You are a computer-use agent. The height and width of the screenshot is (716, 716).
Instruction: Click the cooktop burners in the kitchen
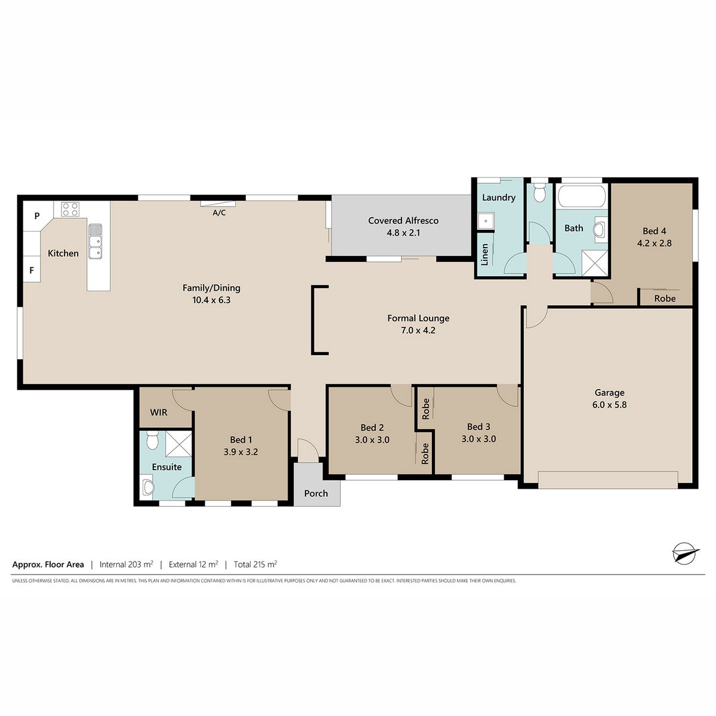point(70,208)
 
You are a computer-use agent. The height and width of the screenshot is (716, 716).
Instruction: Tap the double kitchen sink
point(95,241)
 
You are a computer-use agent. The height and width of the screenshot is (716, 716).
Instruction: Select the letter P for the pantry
point(37,215)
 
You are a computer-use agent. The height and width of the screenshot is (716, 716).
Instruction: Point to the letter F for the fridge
point(32,270)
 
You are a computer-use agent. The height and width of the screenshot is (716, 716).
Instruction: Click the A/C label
point(219,213)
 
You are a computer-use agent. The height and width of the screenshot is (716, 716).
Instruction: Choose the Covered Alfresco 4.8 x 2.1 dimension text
point(403,233)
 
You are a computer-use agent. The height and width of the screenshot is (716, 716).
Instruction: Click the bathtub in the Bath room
point(582,196)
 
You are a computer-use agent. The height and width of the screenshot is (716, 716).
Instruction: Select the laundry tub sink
point(486,221)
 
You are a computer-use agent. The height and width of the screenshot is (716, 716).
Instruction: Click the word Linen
point(484,255)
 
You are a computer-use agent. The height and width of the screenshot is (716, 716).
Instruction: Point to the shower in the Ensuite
point(178,444)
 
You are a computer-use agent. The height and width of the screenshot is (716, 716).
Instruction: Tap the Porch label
point(316,493)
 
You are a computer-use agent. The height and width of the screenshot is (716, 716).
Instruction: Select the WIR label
point(159,412)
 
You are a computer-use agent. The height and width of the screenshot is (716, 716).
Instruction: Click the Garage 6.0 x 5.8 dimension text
point(609,405)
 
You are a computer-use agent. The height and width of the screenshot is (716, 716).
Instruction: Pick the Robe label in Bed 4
point(665,298)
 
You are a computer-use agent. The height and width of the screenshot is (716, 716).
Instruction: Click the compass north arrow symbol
point(685,563)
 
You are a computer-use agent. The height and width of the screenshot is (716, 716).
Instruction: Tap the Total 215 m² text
point(255,564)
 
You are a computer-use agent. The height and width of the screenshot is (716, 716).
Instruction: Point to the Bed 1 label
point(241,440)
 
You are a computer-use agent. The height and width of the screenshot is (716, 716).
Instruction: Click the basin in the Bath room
point(600,230)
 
